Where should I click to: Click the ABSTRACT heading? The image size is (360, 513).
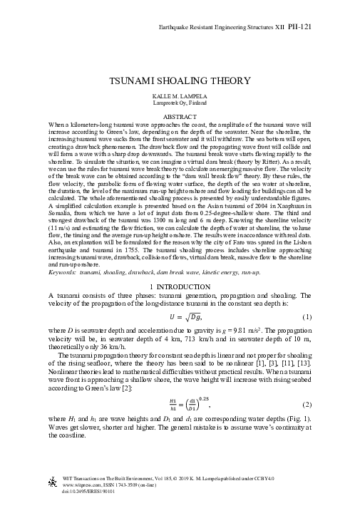tap(180, 115)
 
